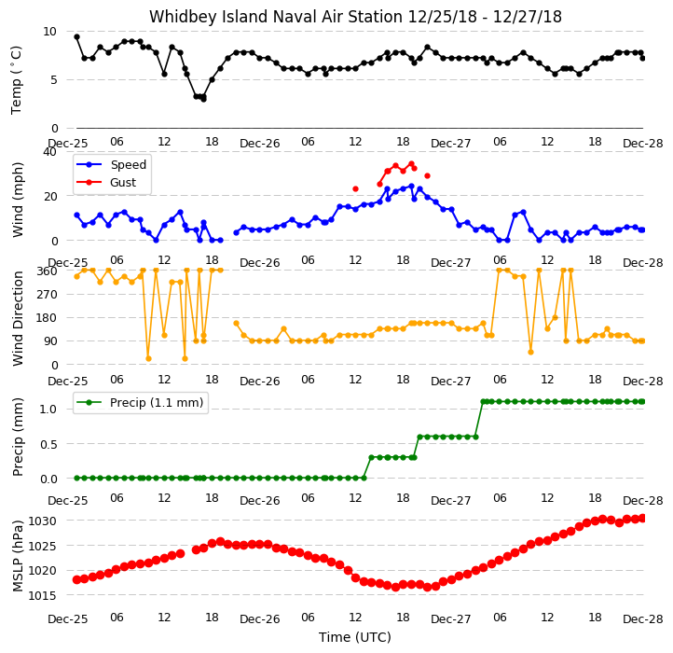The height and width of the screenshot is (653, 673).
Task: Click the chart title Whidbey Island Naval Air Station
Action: click(276, 17)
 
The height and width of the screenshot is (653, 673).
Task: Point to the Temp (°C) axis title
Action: click(16, 80)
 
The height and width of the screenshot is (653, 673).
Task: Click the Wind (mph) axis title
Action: click(18, 200)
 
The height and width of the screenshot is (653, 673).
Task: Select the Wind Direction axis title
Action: click(18, 319)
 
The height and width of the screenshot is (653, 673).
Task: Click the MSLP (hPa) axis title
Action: click(18, 556)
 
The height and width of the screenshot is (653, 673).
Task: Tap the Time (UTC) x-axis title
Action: click(355, 636)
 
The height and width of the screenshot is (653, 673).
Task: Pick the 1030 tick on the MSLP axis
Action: click(42, 521)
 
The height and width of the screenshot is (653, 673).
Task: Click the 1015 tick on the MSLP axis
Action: click(42, 595)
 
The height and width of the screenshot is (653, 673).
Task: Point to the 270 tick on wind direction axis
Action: click(48, 295)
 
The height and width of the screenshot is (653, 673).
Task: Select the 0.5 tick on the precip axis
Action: click(48, 444)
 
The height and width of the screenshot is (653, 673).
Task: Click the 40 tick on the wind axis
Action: click(49, 152)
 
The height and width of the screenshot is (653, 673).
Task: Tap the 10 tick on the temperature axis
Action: click(49, 32)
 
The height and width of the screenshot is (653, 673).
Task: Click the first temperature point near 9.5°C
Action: click(76, 37)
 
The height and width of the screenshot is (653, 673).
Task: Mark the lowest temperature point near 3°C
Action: click(203, 99)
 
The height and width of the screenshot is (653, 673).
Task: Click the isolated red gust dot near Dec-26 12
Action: click(355, 189)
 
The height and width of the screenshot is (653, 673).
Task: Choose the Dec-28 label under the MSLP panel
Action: click(643, 619)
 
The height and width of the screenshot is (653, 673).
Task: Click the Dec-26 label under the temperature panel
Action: click(260, 144)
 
